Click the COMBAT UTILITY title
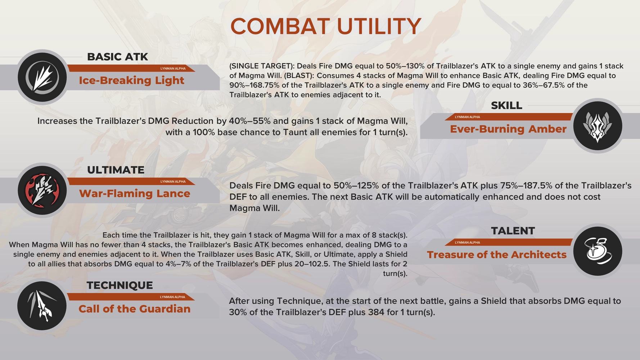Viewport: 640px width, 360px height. (x=325, y=26)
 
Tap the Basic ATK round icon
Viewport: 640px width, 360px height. (x=42, y=77)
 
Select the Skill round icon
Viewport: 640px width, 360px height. (x=598, y=126)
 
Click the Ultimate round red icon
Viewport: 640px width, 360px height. (x=42, y=190)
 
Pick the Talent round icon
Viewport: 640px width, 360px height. (x=598, y=251)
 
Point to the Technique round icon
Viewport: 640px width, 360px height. (x=42, y=306)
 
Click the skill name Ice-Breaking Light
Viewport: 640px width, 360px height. (x=131, y=80)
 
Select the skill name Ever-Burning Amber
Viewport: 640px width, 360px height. (x=508, y=129)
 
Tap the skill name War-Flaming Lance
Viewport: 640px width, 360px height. (x=134, y=194)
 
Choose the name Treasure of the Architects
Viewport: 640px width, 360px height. (x=496, y=255)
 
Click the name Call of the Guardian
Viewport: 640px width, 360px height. (x=134, y=309)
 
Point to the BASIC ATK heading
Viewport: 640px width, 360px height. (x=117, y=57)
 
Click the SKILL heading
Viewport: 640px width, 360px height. (x=506, y=105)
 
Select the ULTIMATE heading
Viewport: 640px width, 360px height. (x=116, y=170)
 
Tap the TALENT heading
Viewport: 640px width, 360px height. (x=513, y=231)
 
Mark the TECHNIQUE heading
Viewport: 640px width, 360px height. (x=120, y=285)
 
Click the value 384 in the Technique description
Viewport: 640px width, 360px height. (x=376, y=312)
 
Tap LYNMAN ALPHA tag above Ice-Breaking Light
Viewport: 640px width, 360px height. (x=173, y=68)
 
